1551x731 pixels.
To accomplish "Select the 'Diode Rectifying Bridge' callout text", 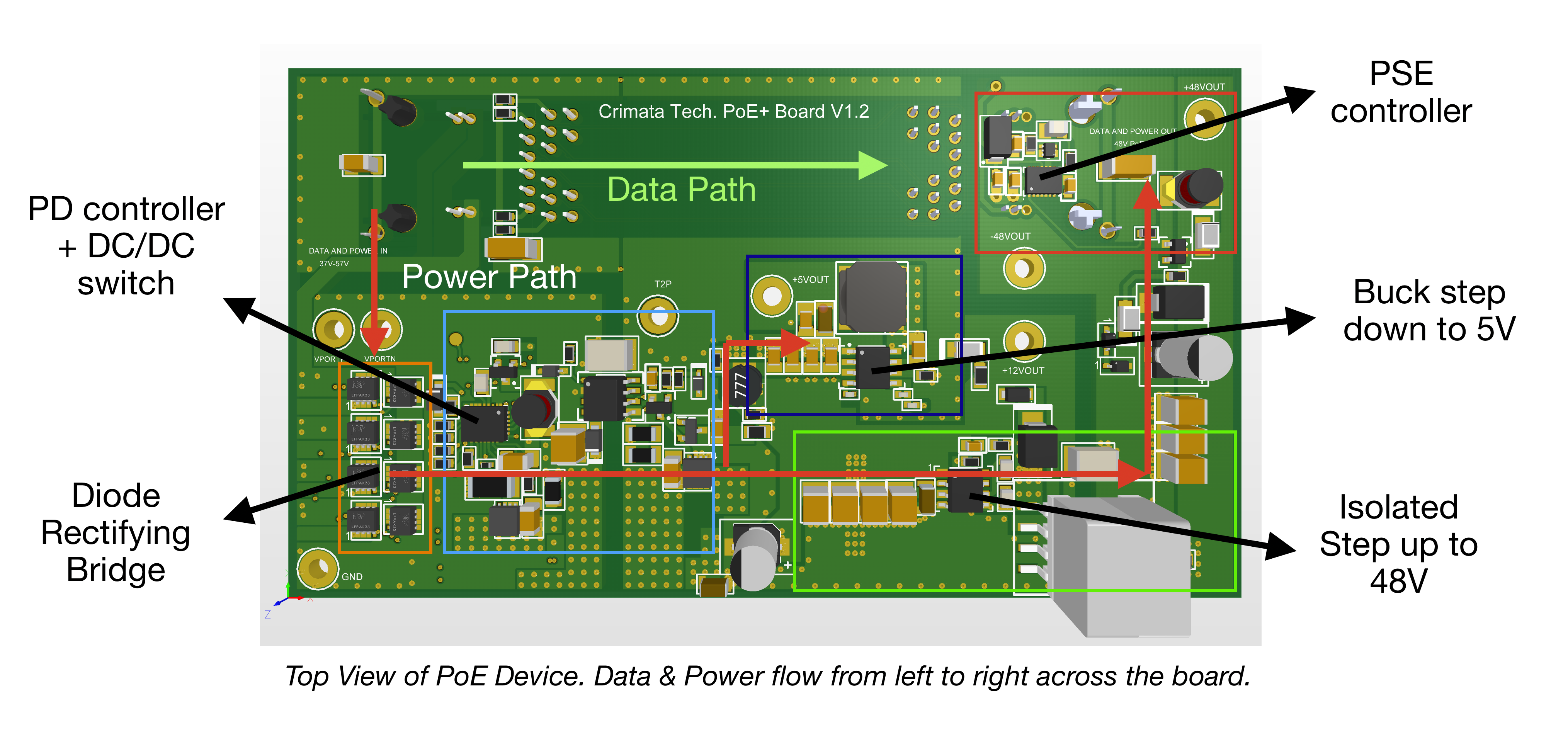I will pos(116,532).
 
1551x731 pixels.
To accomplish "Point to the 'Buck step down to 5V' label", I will pos(1429,310).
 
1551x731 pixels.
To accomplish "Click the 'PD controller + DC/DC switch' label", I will pos(126,246).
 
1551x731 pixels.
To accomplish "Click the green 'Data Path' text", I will pos(681,190).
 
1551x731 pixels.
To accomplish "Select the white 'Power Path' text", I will pos(489,277).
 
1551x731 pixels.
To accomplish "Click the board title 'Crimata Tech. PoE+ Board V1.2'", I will pos(733,111).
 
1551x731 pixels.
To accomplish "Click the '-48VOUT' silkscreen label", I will pos(1010,236).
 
